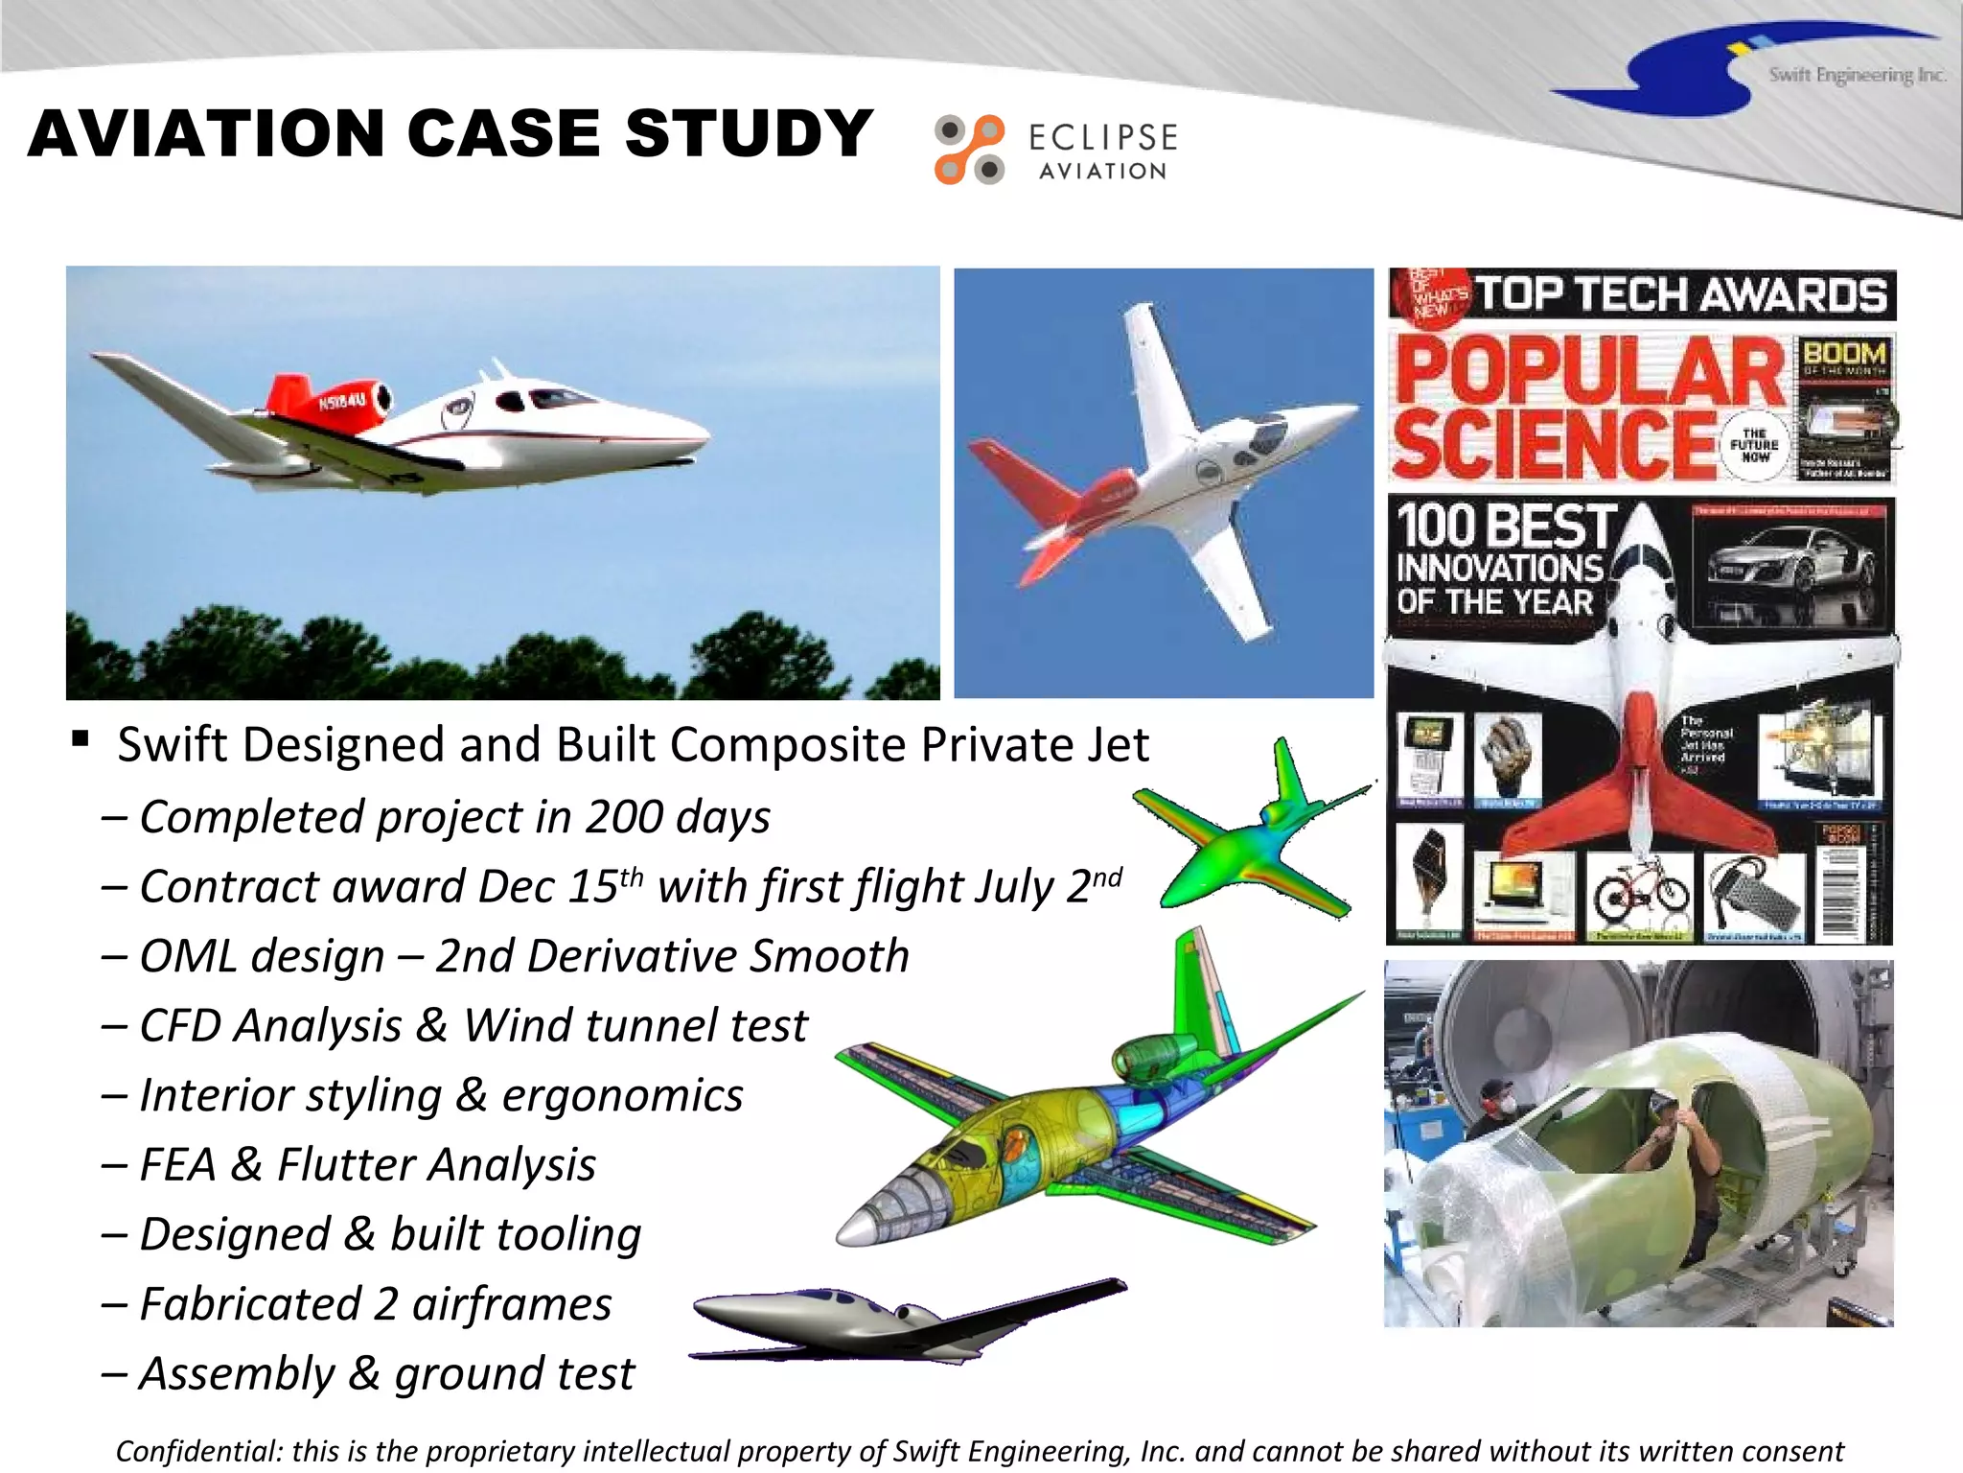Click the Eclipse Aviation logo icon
click(969, 150)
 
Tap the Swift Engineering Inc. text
click(1857, 75)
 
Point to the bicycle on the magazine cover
click(1641, 891)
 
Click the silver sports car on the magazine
click(1790, 568)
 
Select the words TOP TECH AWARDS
click(1679, 294)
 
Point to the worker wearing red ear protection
click(1495, 1105)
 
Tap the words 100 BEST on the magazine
click(1506, 526)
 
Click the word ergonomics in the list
click(622, 1096)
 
